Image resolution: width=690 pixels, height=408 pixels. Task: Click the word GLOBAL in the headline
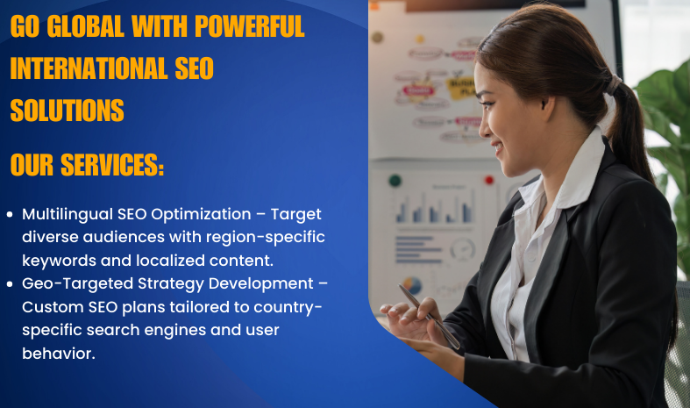[85, 26]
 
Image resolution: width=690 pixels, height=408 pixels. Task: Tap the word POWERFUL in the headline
[250, 26]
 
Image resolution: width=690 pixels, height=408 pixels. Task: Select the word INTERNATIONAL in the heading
[89, 68]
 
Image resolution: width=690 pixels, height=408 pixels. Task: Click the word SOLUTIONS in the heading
[68, 111]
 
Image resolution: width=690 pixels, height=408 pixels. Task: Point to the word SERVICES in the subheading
[112, 165]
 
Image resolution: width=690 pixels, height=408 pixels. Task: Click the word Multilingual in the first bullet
[68, 215]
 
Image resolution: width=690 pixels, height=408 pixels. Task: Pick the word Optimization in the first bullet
[201, 215]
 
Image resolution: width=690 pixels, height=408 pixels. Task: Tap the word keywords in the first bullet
[59, 261]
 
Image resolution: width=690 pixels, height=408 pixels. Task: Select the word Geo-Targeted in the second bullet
[77, 284]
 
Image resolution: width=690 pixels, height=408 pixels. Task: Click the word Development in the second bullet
[261, 283]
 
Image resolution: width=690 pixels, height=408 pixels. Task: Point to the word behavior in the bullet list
[57, 354]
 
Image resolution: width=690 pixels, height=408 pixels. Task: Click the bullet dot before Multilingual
[10, 215]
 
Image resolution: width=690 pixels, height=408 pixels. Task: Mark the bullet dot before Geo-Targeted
[10, 284]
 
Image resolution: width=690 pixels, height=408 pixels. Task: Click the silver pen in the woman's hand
[429, 317]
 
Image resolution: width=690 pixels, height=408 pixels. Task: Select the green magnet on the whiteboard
[395, 180]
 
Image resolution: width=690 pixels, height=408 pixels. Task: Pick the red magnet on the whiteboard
[489, 180]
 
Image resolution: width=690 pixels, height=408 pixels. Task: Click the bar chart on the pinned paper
[436, 208]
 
